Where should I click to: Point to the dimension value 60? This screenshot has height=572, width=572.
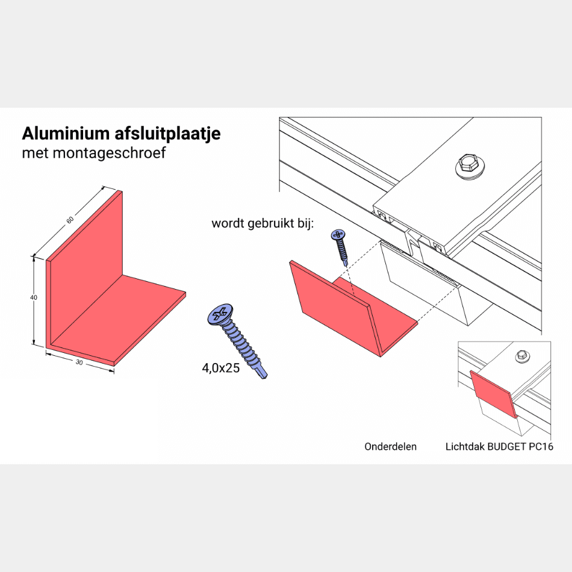[x=71, y=220]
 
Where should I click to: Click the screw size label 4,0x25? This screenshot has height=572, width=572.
[x=220, y=368]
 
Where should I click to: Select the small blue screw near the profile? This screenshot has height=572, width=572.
[x=340, y=244]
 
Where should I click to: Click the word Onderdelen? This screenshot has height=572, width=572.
[x=390, y=447]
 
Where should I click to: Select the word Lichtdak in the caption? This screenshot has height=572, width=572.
[x=464, y=447]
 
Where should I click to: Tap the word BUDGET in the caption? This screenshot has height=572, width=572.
[x=509, y=447]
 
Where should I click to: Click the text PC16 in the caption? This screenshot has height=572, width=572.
[x=542, y=447]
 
